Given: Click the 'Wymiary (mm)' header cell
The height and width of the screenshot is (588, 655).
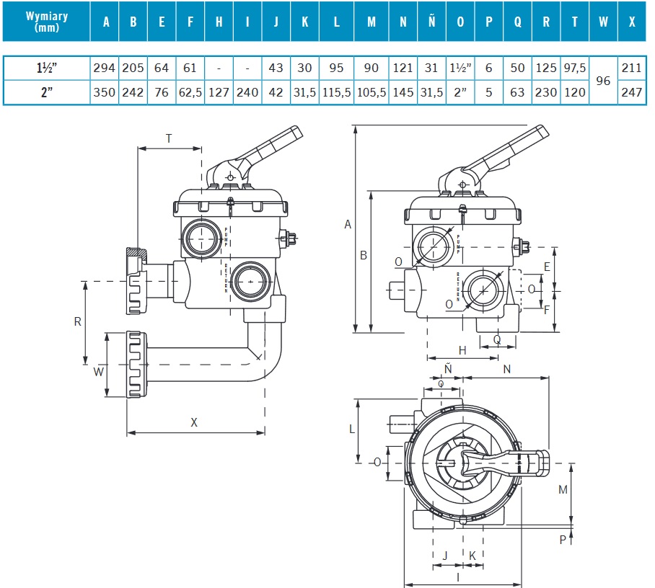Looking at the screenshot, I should [x=46, y=21].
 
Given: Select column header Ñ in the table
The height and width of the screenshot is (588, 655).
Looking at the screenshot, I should [x=431, y=22].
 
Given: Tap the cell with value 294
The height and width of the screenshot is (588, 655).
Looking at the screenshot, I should [x=105, y=68].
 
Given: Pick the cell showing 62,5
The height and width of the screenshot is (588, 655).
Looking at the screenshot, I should [x=190, y=92].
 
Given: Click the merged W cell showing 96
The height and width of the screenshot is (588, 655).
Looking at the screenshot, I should [x=604, y=80].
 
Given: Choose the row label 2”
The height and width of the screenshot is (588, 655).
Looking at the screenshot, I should [x=46, y=92].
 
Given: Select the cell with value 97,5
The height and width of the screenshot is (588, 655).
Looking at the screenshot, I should [x=574, y=68].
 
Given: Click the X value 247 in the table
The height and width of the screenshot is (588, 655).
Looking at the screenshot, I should [x=631, y=92].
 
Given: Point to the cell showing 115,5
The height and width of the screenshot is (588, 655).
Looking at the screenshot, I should [x=336, y=92].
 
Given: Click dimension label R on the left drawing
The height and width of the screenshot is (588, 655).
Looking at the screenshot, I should [x=78, y=321].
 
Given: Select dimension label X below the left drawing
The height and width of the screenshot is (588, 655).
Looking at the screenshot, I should [x=194, y=423].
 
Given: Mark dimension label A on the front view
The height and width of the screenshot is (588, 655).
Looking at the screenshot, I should [x=348, y=225].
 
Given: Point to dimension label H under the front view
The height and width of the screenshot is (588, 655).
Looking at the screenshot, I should [x=462, y=350].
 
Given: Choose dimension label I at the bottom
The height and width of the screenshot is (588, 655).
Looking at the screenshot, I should [x=459, y=576].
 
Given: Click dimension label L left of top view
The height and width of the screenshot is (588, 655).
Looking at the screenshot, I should [x=352, y=429].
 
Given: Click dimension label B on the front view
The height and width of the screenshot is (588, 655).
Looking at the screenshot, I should [x=364, y=255].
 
